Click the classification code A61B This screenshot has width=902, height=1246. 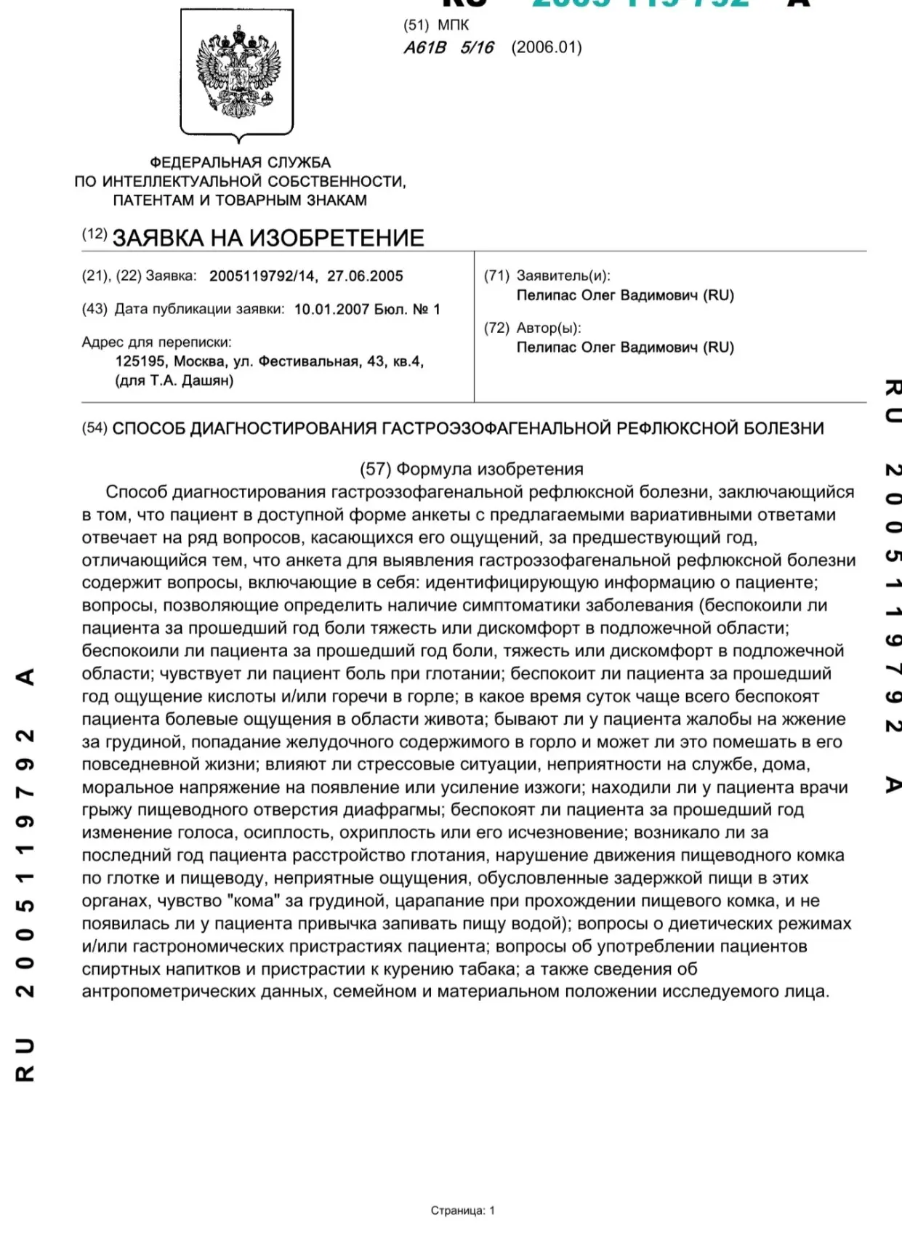coord(425,48)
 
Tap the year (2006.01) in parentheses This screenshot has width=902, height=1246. coord(546,48)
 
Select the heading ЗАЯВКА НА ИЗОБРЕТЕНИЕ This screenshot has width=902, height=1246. coord(268,238)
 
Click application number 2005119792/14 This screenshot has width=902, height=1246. coord(262,276)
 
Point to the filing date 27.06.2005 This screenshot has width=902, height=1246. coord(365,276)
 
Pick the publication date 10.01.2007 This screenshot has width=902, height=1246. coord(331,310)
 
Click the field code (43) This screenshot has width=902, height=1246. coord(94,310)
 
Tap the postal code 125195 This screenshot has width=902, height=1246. coord(140,361)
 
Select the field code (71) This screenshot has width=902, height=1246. coord(497,276)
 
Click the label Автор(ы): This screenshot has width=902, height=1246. coord(549,328)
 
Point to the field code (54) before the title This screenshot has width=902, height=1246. coord(94,428)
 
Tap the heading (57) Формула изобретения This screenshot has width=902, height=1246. coord(472,469)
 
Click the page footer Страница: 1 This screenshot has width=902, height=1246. coord(463,1210)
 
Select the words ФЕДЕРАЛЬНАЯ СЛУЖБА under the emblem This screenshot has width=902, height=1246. coord(240,163)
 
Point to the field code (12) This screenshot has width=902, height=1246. coord(94,234)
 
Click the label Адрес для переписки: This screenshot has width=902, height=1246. coord(156,342)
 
